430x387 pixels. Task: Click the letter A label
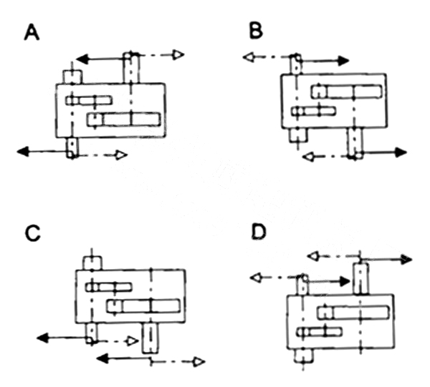click(32, 32)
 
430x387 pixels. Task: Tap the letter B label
click(256, 30)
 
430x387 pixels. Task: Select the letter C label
click(33, 233)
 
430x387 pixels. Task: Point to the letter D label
click(259, 232)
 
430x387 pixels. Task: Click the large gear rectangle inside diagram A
click(124, 119)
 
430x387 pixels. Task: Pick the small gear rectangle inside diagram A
click(89, 100)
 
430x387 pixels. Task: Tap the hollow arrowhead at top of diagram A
click(178, 55)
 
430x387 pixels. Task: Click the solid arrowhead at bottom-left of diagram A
click(23, 152)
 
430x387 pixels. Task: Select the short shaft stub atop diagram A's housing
click(72, 77)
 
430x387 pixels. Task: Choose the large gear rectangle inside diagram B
click(347, 92)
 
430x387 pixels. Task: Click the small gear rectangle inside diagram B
click(313, 111)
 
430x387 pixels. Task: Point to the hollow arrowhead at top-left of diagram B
click(249, 57)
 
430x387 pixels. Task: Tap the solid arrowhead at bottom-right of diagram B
click(401, 152)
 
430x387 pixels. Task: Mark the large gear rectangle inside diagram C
click(143, 306)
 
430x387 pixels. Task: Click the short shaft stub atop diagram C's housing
click(92, 263)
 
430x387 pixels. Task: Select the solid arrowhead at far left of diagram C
click(42, 338)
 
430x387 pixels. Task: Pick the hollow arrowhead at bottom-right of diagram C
click(199, 362)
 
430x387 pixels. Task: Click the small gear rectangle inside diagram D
click(320, 332)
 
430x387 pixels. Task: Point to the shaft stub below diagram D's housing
click(303, 356)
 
